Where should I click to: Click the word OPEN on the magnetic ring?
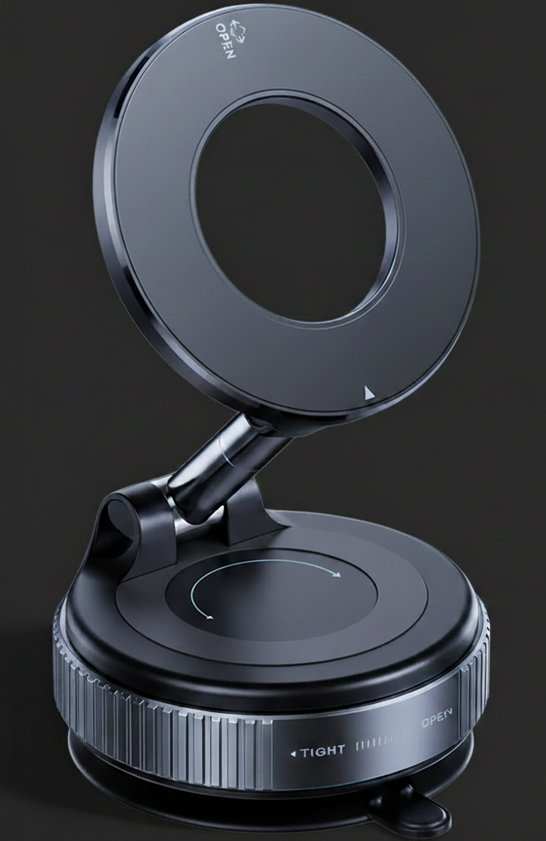click(x=225, y=40)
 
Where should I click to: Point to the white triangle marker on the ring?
click(x=369, y=393)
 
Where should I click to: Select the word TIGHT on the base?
click(x=323, y=751)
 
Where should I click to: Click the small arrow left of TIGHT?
click(x=292, y=752)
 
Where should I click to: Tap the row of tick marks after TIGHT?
click(x=374, y=747)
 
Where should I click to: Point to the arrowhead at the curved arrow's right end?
click(x=337, y=575)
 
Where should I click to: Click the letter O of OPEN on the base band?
click(x=425, y=724)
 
